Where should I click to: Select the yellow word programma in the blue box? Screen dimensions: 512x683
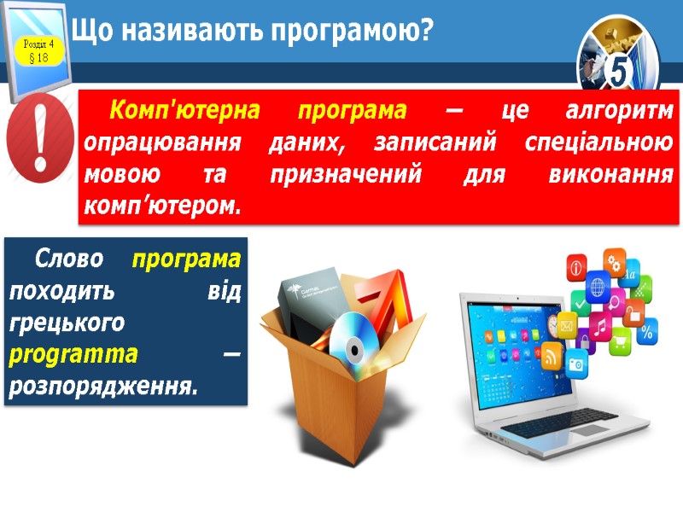73,353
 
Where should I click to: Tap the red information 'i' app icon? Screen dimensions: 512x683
576,267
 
